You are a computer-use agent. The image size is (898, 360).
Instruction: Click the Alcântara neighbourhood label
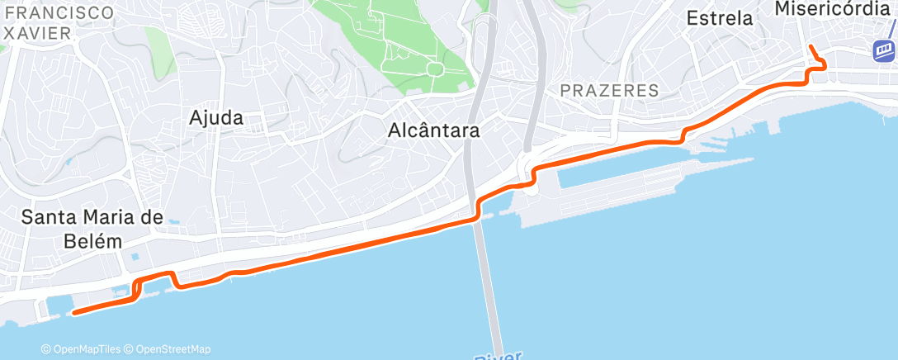tap(433, 130)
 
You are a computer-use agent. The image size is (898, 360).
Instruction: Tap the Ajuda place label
tap(215, 118)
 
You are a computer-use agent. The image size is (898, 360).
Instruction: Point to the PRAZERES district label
tap(609, 90)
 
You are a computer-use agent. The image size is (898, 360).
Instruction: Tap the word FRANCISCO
tap(57, 12)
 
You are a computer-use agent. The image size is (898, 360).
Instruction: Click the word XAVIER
tap(38, 31)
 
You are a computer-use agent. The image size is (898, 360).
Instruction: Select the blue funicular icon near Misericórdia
tap(884, 50)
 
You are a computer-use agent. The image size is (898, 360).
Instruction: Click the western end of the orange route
tap(74, 312)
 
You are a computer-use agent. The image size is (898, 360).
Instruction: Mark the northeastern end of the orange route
tap(811, 47)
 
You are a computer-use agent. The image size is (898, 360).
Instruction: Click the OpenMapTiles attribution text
tap(82, 349)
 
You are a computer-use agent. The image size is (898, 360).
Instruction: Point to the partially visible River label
tap(499, 356)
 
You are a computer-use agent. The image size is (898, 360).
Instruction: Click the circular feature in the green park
tap(434, 69)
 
